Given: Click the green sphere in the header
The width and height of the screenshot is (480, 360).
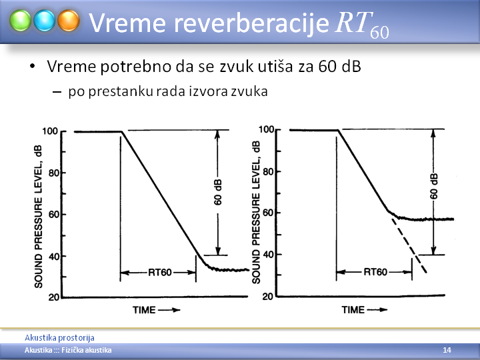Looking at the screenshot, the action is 20,21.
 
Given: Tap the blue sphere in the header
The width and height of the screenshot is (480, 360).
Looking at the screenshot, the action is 45,21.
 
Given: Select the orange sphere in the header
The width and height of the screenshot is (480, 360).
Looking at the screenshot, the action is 69,21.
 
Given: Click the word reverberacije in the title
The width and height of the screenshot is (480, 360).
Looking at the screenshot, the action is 251,23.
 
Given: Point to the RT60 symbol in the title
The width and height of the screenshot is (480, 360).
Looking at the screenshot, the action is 362,25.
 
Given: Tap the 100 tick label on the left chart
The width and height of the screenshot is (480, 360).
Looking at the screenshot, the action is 50,131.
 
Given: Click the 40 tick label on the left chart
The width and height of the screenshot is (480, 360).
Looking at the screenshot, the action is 53,257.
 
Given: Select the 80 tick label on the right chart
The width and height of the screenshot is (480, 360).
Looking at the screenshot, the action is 267,171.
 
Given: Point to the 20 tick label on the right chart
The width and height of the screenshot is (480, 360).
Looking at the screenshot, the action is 267,297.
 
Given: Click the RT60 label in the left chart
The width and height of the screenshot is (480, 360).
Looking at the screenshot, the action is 160,272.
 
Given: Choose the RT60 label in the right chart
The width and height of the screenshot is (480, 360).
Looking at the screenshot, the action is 375,272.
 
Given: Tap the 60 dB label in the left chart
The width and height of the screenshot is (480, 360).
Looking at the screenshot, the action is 217,192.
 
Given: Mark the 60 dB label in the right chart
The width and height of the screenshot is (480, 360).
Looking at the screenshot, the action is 433,186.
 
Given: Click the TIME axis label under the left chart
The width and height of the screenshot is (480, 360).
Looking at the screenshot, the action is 144,310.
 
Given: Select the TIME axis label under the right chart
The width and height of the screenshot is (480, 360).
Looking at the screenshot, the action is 353,309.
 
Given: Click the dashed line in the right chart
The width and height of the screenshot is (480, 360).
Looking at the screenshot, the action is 409,245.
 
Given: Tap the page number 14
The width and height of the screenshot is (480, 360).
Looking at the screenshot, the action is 447,350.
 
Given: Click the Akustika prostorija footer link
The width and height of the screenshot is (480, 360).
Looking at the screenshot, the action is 59,337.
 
